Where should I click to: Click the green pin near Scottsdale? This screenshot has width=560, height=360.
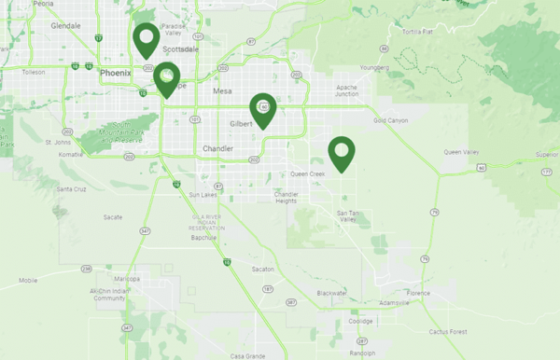pyautogui.click(x=145, y=38)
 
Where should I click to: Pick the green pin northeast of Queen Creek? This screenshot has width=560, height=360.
pyautogui.click(x=341, y=151)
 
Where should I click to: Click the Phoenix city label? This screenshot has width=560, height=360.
pyautogui.click(x=116, y=73)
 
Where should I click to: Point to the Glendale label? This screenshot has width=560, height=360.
pyautogui.click(x=65, y=26)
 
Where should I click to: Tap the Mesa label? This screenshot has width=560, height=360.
pyautogui.click(x=222, y=91)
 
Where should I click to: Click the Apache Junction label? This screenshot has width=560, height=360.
pyautogui.click(x=346, y=90)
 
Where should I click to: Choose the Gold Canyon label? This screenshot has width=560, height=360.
pyautogui.click(x=390, y=120)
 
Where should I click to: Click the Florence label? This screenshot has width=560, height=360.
pyautogui.click(x=417, y=293)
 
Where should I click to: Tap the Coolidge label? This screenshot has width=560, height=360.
pyautogui.click(x=360, y=321)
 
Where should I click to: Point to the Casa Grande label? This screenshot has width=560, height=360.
pyautogui.click(x=248, y=355)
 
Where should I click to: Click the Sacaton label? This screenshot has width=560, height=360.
pyautogui.click(x=265, y=269)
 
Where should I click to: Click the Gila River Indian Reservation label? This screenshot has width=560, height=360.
pyautogui.click(x=203, y=222)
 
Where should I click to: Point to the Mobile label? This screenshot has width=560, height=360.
pyautogui.click(x=28, y=280)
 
